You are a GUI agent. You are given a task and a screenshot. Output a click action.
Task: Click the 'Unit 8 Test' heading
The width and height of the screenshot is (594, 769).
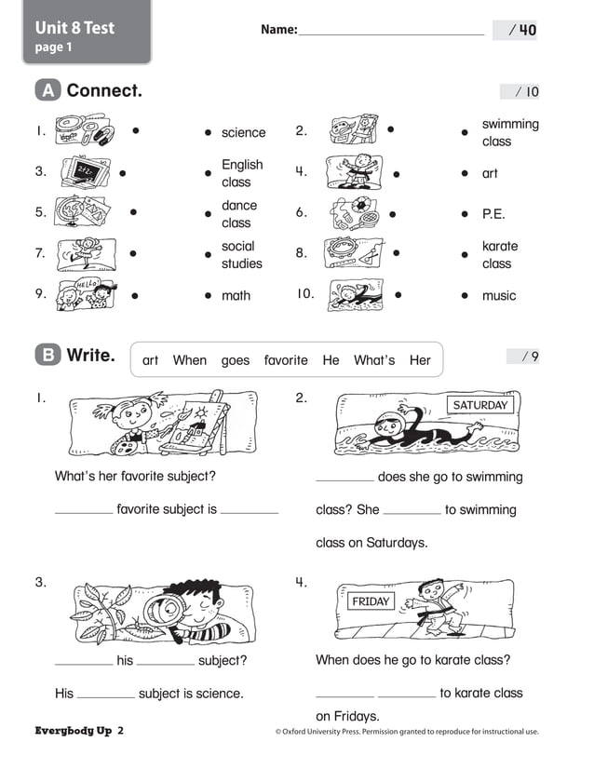coord(74,27)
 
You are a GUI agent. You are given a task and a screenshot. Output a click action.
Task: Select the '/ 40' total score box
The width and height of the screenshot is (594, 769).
coord(518,30)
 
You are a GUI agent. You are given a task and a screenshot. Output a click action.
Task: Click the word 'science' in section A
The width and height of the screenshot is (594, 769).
coord(243,133)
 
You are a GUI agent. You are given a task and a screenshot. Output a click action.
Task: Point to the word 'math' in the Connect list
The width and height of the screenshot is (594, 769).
coord(236,295)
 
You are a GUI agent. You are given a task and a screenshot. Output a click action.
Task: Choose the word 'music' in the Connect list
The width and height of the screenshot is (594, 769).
coord(498,295)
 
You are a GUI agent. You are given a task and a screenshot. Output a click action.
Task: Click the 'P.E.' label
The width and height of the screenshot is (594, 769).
coord(493,213)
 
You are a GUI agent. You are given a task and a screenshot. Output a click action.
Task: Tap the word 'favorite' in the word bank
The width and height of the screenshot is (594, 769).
coord(285,359)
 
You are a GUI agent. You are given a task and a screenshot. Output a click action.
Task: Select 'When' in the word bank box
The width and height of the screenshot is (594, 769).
coord(190,359)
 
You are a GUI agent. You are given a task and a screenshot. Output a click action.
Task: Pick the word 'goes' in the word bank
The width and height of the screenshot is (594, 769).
coord(236,359)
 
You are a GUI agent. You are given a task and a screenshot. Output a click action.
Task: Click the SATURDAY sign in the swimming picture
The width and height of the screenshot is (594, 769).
coord(480,405)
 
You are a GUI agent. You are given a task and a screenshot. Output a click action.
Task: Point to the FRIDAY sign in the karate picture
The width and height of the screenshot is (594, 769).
coord(371,601)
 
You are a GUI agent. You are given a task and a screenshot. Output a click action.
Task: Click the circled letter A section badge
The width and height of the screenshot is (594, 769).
coord(47,90)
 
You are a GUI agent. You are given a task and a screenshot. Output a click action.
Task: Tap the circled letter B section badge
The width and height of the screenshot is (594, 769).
coord(47,355)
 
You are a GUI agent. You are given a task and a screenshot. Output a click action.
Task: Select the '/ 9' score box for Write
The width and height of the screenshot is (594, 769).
coord(522,356)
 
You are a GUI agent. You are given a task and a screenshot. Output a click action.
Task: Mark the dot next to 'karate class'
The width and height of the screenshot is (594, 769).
coord(464,254)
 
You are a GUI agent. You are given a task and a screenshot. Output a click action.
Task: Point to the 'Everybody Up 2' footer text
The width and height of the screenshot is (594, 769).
coord(79,731)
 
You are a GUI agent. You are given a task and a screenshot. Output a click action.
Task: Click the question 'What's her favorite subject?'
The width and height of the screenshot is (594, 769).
coord(135,476)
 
